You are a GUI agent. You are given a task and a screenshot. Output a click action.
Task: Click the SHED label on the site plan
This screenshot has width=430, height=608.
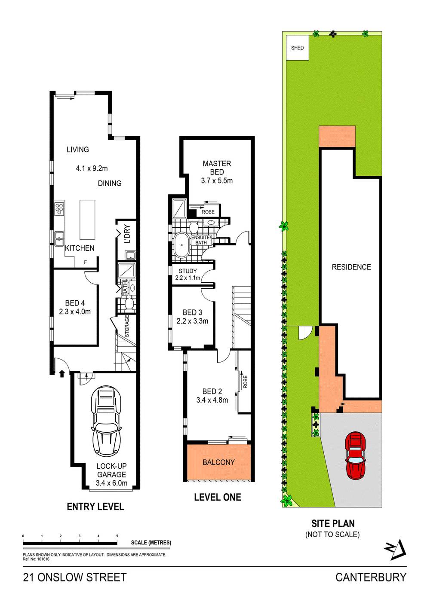click(297, 48)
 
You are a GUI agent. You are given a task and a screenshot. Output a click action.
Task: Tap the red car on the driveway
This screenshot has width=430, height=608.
click(356, 455)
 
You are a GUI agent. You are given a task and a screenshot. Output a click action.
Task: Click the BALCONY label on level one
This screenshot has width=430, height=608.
click(218, 462)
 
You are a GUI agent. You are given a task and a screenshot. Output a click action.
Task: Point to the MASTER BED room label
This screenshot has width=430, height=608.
click(217, 168)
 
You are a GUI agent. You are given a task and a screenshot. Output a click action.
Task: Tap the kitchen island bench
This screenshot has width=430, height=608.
click(87, 220)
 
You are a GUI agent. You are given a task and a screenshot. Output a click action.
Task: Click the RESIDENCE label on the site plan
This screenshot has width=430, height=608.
click(351, 267)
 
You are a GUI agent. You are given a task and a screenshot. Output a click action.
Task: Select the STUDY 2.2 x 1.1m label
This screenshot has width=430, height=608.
click(187, 274)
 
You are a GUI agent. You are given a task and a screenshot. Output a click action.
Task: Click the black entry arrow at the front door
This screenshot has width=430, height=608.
click(61, 373)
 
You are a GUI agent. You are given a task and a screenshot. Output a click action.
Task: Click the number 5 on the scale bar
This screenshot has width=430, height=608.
click(117, 536)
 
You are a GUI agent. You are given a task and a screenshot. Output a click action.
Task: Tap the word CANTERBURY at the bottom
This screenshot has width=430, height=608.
click(371, 577)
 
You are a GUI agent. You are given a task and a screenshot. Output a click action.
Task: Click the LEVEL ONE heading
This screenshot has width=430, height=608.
click(217, 497)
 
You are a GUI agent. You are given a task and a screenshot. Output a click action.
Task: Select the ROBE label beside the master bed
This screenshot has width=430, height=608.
click(208, 212)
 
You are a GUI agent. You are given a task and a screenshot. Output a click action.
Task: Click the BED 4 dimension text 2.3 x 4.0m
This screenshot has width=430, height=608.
click(75, 312)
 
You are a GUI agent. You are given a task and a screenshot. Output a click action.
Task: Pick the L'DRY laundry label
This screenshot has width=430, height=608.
click(127, 234)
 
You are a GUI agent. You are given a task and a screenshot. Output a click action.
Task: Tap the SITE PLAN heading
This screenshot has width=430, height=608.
click(333, 523)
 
